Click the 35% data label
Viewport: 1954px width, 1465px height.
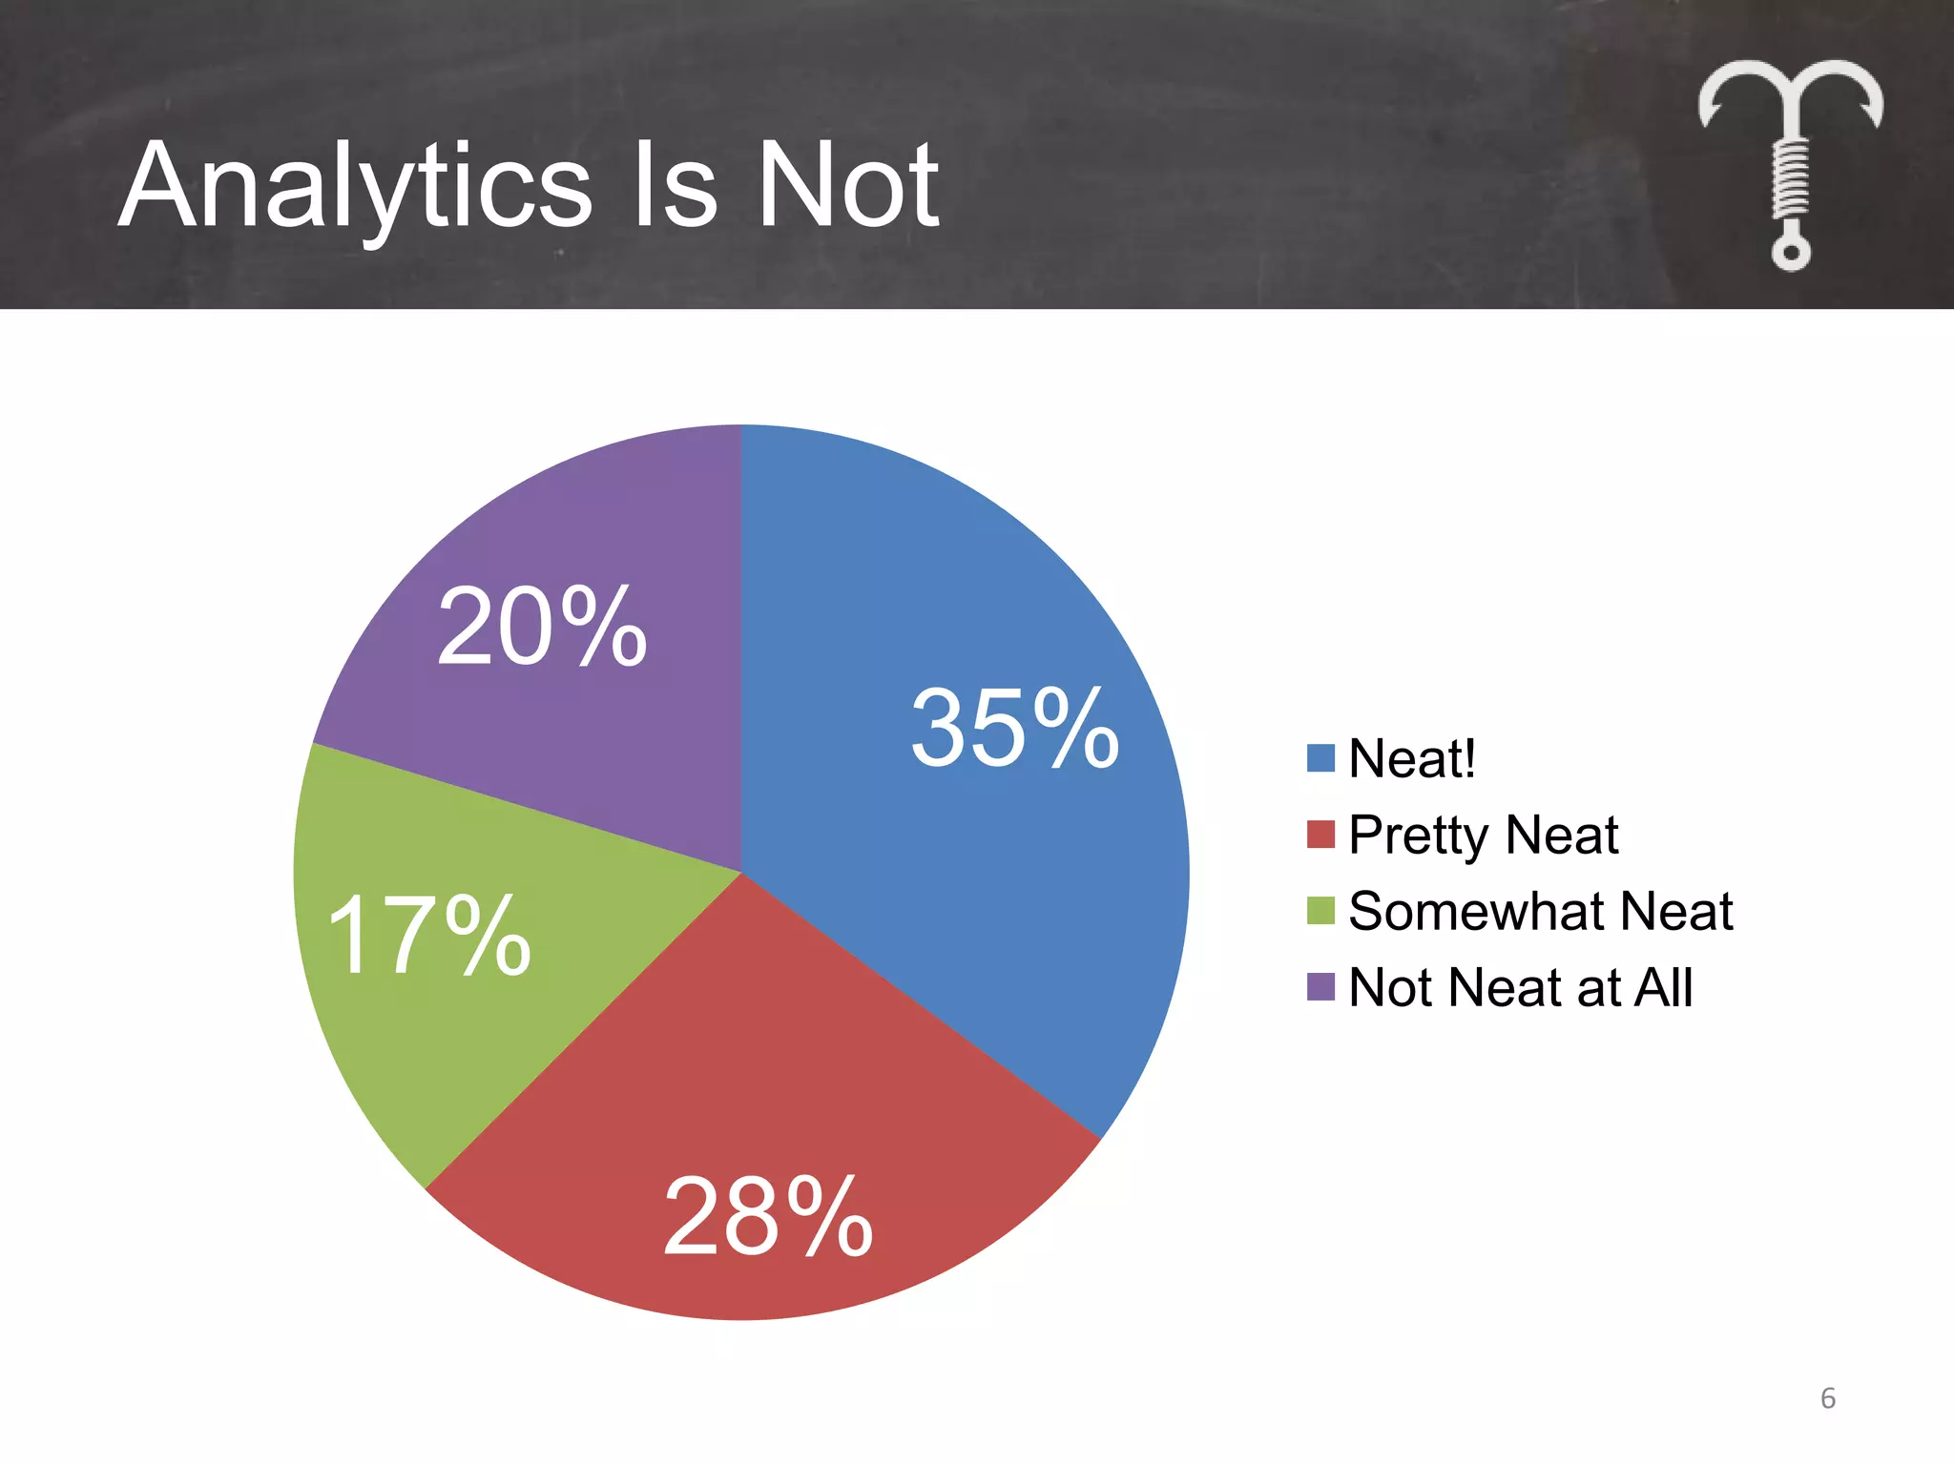1014,729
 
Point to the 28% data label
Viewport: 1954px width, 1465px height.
767,1217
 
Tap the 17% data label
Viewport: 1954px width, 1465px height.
428,937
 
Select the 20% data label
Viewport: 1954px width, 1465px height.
542,628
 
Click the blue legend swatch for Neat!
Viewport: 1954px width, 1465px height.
1320,758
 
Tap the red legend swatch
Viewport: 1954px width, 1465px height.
1320,835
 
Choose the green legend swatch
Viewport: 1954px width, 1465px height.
1320,911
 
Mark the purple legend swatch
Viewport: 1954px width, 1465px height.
1320,987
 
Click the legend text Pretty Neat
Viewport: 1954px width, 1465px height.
1484,836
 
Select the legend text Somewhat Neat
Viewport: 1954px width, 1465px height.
1540,912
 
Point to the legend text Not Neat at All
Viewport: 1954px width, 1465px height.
1521,988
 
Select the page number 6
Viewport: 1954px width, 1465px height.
1828,1398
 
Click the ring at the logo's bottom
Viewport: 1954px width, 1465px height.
1791,254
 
